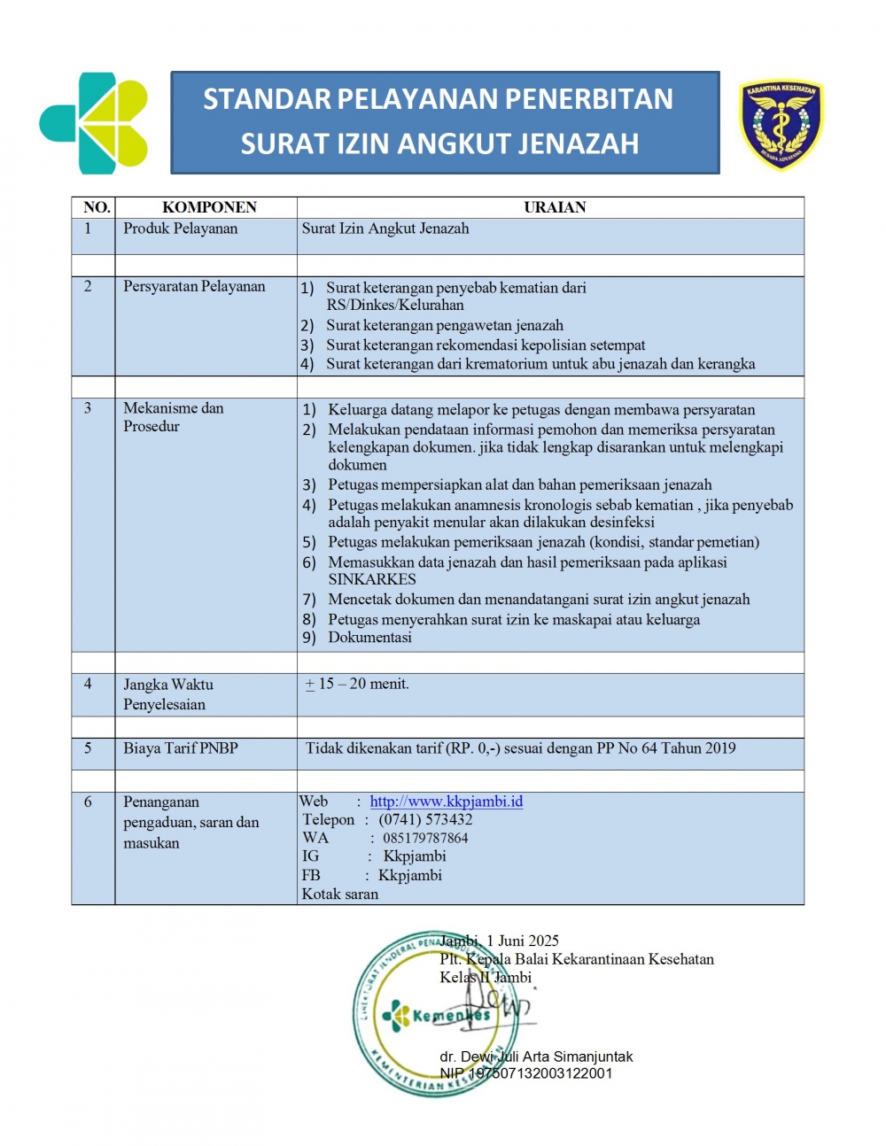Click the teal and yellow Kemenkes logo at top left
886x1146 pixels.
(93, 123)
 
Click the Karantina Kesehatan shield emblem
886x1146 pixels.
(781, 124)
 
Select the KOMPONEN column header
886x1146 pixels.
(209, 207)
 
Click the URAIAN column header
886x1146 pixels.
(555, 207)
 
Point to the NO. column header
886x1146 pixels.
(97, 207)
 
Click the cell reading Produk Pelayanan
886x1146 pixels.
(181, 228)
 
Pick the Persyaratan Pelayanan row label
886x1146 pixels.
(194, 286)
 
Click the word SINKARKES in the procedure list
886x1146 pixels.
(372, 579)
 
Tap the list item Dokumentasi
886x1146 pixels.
(369, 637)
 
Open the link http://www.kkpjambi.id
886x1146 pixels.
(446, 801)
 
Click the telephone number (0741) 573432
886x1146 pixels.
(425, 820)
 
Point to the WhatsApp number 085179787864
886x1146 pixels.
(425, 838)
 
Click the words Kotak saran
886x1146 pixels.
(339, 894)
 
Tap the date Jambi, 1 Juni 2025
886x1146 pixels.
(500, 941)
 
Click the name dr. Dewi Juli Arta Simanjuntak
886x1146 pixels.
(537, 1057)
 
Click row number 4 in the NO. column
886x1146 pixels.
(88, 684)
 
